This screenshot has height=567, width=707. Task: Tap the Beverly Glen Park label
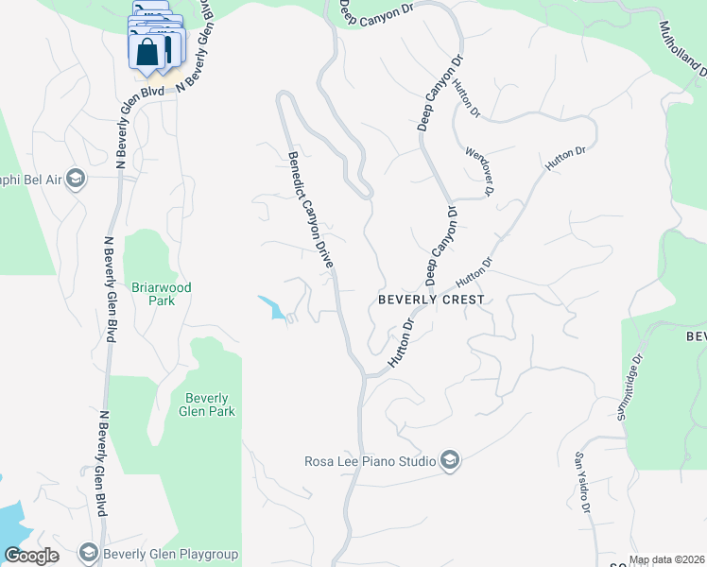[206, 404]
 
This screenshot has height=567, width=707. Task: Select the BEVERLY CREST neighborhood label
[431, 300]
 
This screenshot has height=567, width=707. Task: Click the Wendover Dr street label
[480, 170]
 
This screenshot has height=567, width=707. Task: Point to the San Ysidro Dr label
[583, 484]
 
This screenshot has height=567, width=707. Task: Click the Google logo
[32, 556]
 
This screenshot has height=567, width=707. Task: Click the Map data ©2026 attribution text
[667, 559]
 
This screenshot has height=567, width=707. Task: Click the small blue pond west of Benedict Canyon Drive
[272, 307]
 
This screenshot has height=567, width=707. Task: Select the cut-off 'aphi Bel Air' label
[31, 179]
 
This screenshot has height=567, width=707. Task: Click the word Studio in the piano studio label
[415, 461]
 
